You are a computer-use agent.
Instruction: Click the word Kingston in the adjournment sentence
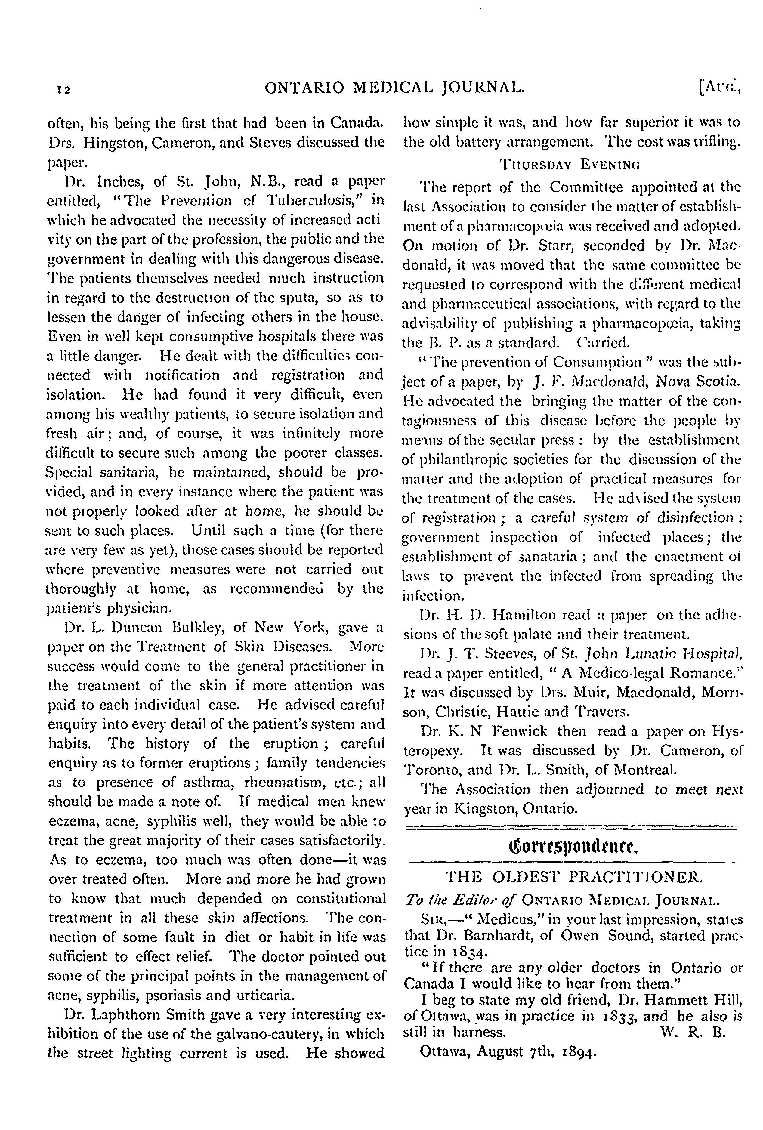tap(486, 809)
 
